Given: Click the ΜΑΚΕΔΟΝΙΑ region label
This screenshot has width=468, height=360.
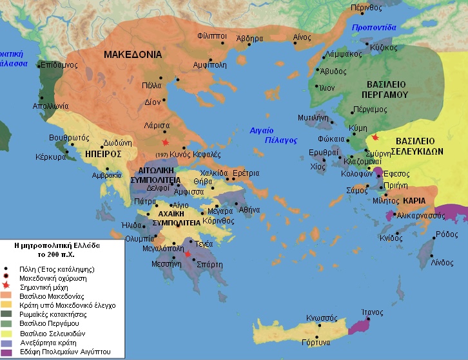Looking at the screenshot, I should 132,55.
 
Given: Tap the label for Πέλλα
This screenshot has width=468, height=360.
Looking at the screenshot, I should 152,85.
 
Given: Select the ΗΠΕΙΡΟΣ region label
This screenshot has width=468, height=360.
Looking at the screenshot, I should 102,155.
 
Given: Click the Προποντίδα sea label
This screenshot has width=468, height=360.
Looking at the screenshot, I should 374,28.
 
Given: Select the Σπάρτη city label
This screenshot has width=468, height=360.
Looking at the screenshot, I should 210,265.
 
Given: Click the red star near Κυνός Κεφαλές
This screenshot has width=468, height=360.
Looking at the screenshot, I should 166,142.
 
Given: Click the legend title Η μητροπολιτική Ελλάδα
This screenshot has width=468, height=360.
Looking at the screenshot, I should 57,245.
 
